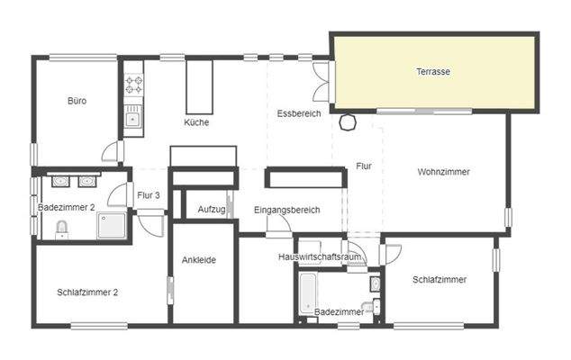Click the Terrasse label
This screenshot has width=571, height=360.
coord(433,72)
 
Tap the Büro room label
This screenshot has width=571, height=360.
coord(77,101)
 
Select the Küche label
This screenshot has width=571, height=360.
coord(196,122)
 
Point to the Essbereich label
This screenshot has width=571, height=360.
coord(299,113)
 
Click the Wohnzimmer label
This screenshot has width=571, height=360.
coord(444,171)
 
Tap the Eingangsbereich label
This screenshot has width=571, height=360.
coord(287,210)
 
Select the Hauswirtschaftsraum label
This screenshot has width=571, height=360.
coord(321,256)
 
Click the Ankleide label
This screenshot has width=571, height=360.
coord(198,260)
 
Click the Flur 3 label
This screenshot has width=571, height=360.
coord(149,195)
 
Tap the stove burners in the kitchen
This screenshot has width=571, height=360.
coord(134,85)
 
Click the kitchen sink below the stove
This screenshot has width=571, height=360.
coord(133,116)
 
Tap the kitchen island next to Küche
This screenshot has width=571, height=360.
coord(197,85)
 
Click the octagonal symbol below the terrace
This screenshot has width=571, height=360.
coord(348,122)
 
